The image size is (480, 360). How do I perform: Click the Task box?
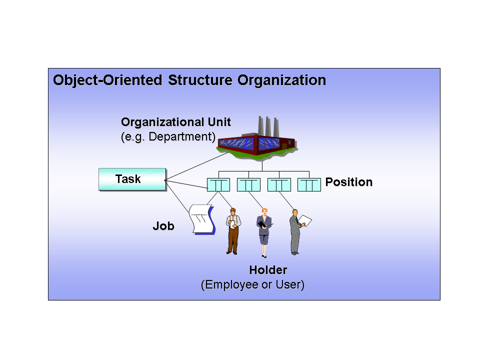132,179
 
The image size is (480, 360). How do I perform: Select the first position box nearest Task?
218,185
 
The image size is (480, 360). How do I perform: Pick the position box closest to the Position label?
309,185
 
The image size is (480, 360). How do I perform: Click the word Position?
349,182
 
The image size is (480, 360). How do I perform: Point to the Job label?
163,226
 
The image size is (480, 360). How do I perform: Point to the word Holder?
268,270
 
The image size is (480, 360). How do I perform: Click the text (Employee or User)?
252,285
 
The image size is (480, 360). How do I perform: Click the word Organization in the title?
281,80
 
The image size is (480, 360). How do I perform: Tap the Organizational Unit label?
176,122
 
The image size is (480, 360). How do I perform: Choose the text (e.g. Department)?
168,136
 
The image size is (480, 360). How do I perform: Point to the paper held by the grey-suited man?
307,220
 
